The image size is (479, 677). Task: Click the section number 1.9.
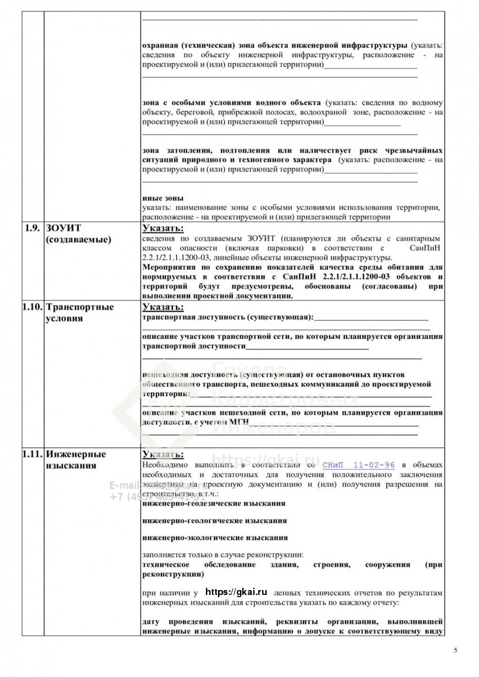(32, 228)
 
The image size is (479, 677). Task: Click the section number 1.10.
(32, 307)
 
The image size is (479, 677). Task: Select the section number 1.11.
(32, 454)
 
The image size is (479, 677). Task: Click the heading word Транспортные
(80, 307)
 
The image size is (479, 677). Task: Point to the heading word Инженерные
(76, 454)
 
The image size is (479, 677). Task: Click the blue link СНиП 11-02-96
(358, 465)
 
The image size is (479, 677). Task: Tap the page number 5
(455, 650)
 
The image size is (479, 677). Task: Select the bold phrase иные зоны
(163, 198)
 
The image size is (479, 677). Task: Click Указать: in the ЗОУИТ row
(163, 228)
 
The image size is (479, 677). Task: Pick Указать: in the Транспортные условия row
(163, 308)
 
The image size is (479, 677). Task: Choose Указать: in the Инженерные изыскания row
(163, 455)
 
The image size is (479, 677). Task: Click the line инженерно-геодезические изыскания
(214, 503)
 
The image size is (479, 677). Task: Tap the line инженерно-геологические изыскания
(214, 520)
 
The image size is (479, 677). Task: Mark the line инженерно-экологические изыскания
(215, 537)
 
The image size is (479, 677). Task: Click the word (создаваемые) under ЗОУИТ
(78, 239)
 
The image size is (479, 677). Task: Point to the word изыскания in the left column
(71, 466)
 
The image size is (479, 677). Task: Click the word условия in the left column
(64, 318)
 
